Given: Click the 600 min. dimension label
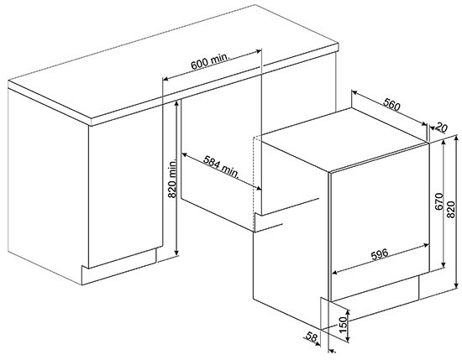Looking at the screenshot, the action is [x=210, y=61].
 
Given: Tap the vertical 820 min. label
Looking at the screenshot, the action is [x=171, y=179].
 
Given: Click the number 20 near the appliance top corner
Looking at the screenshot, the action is [x=441, y=128].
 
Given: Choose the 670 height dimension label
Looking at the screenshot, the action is [x=439, y=201].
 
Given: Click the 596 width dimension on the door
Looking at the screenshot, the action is [x=380, y=255].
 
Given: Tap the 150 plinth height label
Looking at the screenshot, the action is [x=342, y=325].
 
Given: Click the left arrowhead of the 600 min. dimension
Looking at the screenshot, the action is [x=165, y=79].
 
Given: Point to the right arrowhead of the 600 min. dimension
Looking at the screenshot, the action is [x=259, y=51].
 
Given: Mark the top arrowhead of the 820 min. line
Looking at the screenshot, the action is [x=176, y=102].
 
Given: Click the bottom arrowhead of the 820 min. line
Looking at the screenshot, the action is [x=176, y=253].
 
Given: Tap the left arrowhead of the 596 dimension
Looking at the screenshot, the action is [x=335, y=273].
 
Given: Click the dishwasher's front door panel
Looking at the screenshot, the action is [x=379, y=222].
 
